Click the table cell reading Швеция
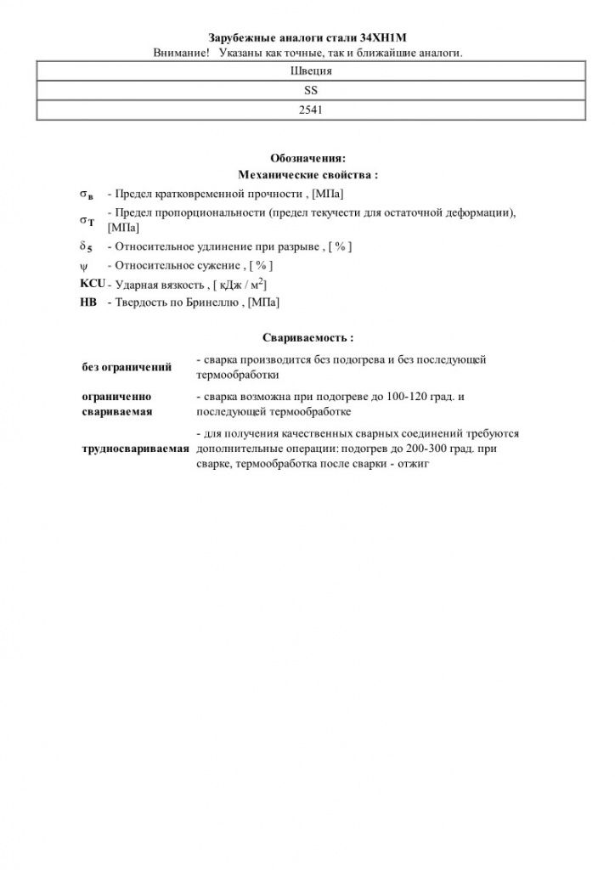[310, 71]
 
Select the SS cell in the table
[310, 90]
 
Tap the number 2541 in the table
[310, 110]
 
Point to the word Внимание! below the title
[182, 53]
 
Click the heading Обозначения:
[307, 159]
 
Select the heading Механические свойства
[307, 175]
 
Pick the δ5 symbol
[86, 246]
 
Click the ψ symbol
[83, 266]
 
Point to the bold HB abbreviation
[87, 302]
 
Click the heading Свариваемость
[307, 338]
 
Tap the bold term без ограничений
[127, 367]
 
